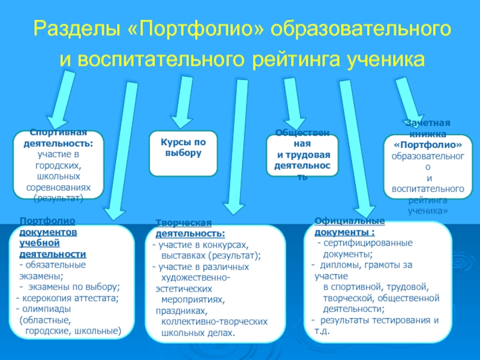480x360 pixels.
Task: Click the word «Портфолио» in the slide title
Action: click(x=197, y=29)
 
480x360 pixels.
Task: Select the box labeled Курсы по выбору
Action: click(x=183, y=154)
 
